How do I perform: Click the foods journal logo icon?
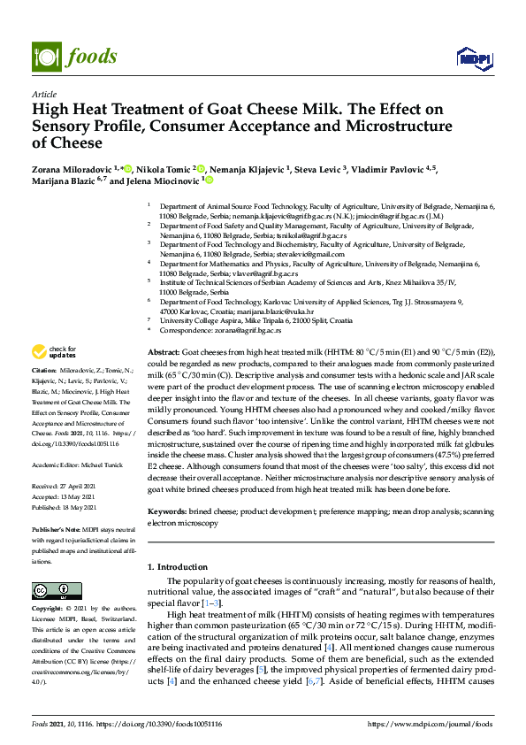45,56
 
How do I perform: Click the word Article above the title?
43,93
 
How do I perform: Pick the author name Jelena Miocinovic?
167,181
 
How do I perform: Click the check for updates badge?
56,353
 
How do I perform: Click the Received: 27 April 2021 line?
64,488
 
